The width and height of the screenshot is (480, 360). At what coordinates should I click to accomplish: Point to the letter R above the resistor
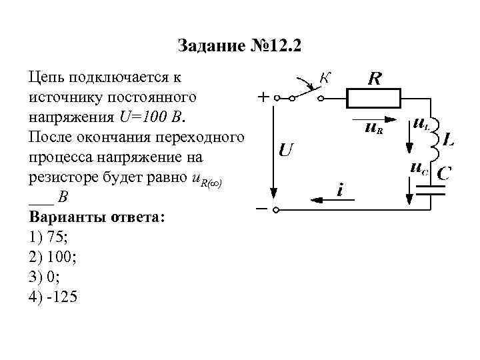pos(375,78)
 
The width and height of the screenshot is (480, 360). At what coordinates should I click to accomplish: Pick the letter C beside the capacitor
pos(444,173)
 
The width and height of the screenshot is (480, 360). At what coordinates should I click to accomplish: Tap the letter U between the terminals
pos(285,149)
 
